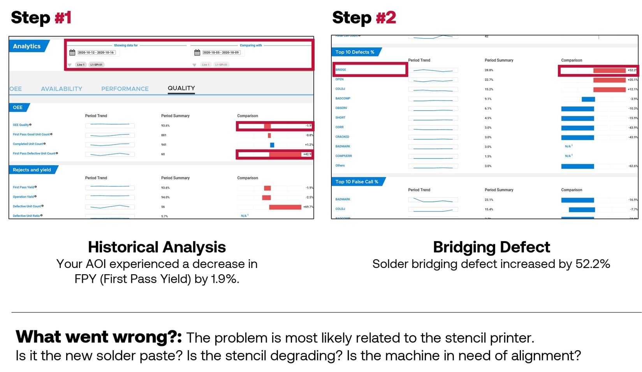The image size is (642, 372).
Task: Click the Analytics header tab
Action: tap(27, 46)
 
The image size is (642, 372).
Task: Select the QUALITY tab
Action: tap(181, 88)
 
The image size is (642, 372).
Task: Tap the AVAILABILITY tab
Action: tap(62, 89)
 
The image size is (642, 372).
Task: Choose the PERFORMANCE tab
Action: tap(125, 89)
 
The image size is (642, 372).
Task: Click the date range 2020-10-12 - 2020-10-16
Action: tap(96, 53)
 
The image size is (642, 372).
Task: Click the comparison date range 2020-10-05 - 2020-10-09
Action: tap(221, 53)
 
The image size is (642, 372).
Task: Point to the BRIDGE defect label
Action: tap(341, 70)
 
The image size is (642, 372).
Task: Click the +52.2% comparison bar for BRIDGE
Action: tap(609, 71)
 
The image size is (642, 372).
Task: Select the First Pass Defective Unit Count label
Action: tap(34, 153)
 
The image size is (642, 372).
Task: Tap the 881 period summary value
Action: tap(164, 135)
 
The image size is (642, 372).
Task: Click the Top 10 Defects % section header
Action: tap(355, 52)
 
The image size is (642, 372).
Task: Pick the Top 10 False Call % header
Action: tap(357, 182)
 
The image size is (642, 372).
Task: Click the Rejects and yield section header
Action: tap(32, 170)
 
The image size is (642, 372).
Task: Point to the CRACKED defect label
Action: tap(342, 137)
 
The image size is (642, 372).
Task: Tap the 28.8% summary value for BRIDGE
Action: tap(489, 71)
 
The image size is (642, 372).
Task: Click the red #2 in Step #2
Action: tap(386, 18)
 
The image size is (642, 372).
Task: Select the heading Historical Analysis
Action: tap(157, 247)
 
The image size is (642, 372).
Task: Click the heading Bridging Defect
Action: tap(491, 247)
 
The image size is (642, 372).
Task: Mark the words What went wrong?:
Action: tap(98, 337)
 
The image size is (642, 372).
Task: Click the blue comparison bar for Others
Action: tap(577, 166)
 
